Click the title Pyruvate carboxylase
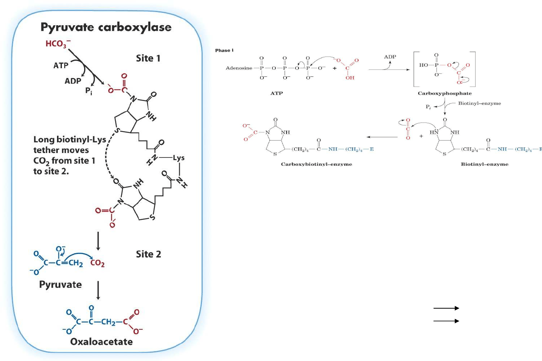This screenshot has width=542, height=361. [106, 27]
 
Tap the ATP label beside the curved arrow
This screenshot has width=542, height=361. [61, 66]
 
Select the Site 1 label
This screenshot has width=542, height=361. [148, 58]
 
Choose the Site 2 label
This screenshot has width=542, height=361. [148, 254]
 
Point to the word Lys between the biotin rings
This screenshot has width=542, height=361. [179, 158]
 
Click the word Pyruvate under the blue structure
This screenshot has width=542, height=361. [60, 285]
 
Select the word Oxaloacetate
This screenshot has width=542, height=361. [102, 342]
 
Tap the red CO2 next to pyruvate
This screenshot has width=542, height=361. [97, 263]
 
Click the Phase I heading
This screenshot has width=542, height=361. [224, 50]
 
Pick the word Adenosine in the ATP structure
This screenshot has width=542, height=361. [239, 68]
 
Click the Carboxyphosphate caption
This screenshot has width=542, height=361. [445, 93]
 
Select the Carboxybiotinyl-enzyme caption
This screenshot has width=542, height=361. [316, 164]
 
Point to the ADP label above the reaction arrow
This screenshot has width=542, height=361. [390, 57]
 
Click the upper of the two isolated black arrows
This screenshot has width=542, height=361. [446, 308]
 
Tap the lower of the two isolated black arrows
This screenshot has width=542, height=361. [446, 321]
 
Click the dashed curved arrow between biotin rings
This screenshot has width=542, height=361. [106, 158]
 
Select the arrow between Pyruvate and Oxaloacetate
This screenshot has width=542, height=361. [98, 290]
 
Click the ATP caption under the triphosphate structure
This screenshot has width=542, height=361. [276, 93]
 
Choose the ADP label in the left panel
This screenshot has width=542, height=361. [72, 81]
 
